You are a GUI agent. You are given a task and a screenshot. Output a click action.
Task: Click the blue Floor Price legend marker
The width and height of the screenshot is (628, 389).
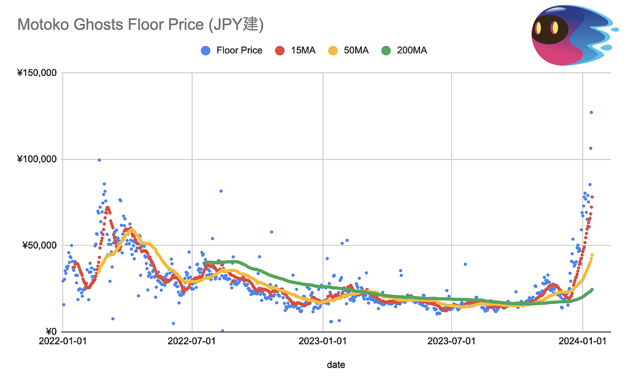click(205, 50)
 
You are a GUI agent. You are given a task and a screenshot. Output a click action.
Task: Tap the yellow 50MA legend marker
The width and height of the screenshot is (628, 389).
click(334, 50)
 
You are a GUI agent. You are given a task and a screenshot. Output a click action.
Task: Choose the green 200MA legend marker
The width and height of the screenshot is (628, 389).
click(386, 50)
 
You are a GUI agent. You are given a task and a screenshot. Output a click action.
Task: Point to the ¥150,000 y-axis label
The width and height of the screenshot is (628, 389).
click(37, 73)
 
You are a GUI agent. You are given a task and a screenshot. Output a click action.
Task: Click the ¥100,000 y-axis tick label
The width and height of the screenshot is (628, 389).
click(37, 159)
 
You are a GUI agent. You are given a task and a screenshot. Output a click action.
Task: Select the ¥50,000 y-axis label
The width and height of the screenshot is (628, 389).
click(39, 246)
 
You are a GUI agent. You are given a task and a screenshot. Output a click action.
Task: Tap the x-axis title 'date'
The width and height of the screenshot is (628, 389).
click(335, 364)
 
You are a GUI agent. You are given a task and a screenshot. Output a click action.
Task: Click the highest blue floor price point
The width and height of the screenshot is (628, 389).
click(591, 112)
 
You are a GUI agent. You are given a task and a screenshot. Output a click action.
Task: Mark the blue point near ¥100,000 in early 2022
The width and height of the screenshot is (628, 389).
click(99, 160)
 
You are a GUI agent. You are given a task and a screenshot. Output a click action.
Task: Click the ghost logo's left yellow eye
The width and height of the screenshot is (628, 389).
click(538, 28)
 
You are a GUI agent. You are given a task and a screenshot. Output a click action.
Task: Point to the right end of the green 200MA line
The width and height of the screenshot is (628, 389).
click(592, 289)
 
